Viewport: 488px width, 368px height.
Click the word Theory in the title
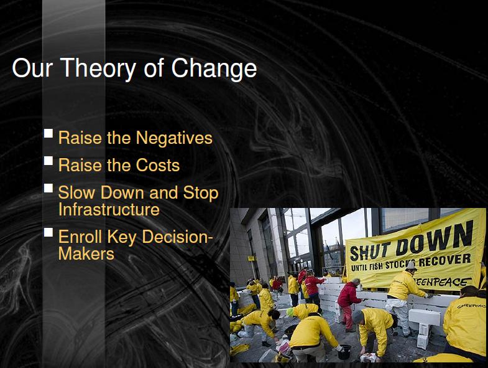pos(98,68)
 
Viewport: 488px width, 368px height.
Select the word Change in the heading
pos(214,68)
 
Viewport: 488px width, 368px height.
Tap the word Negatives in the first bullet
pos(174,138)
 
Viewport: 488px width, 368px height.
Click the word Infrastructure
pos(109,209)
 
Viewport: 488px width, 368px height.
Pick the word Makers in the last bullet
pos(86,253)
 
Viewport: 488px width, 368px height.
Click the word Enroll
pos(80,237)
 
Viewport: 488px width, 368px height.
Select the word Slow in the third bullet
pos(76,192)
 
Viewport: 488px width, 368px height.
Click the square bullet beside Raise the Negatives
pos(48,133)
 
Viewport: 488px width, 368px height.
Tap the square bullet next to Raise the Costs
pos(48,161)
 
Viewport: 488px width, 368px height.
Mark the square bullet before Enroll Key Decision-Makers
pos(48,232)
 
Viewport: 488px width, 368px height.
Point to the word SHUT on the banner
pos(370,252)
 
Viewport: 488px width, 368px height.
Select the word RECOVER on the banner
pos(444,260)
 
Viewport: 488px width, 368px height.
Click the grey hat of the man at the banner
pos(411,266)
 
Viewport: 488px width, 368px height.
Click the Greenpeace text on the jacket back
pos(471,306)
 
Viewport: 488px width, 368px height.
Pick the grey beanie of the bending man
pos(357,316)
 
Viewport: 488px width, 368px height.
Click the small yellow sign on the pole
pos(251,258)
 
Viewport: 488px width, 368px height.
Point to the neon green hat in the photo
pos(290,311)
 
